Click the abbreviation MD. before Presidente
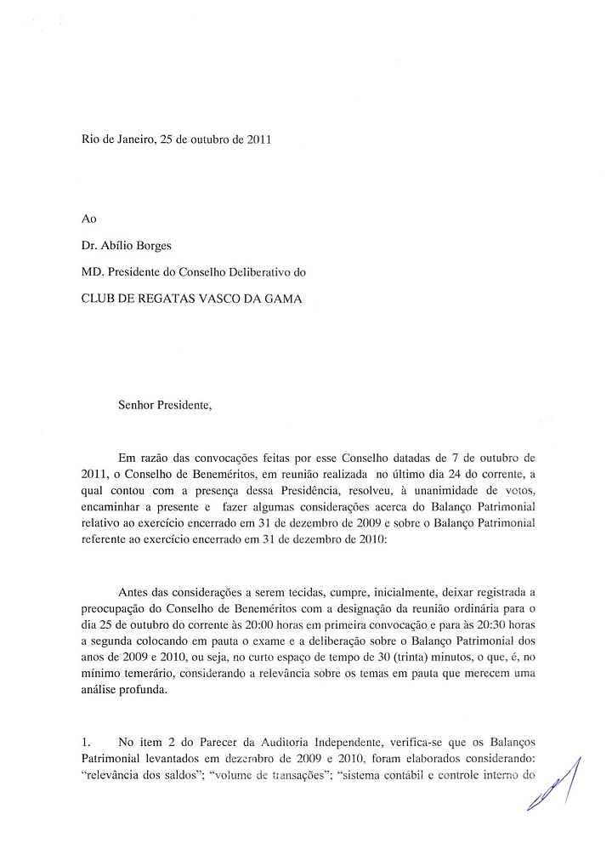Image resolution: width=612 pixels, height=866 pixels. pos(92,275)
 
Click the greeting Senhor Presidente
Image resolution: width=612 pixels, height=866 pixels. pos(164,406)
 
